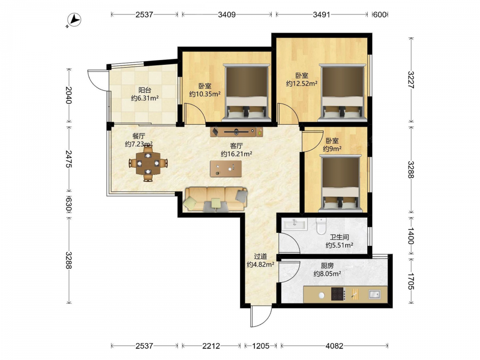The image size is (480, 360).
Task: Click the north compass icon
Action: point(74,20)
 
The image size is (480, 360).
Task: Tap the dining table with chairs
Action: point(148,164)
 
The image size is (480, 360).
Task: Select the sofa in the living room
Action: point(216,199)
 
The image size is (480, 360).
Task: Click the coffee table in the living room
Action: point(226,168)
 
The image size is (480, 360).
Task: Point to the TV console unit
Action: point(237,132)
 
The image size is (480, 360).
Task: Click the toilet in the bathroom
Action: point(321,226)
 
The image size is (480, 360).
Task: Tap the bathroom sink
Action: point(295,224)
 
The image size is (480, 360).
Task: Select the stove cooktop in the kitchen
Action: point(338,294)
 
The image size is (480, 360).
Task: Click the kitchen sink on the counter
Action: point(374,294)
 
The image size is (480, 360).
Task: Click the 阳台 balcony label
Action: point(145,90)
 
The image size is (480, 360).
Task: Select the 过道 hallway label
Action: point(261,256)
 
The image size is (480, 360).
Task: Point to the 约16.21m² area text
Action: point(236,154)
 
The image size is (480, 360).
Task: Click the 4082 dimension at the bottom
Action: point(334,346)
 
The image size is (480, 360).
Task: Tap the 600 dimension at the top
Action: point(380,14)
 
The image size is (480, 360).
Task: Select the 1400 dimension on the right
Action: point(410,235)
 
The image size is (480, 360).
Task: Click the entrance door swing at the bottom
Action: point(261,317)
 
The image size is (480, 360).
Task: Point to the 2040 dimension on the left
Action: point(68,95)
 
